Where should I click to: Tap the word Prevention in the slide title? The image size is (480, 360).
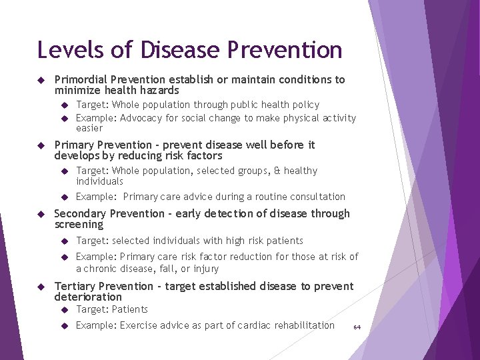coord(285,50)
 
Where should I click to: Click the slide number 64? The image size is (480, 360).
coord(357,327)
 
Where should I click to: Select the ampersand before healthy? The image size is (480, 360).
coord(277,171)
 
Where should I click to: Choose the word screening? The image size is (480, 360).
coord(79,224)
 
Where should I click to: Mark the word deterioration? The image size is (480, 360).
coord(88,297)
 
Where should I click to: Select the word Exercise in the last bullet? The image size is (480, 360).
coord(138,325)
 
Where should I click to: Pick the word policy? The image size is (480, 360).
coord(303,105)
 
